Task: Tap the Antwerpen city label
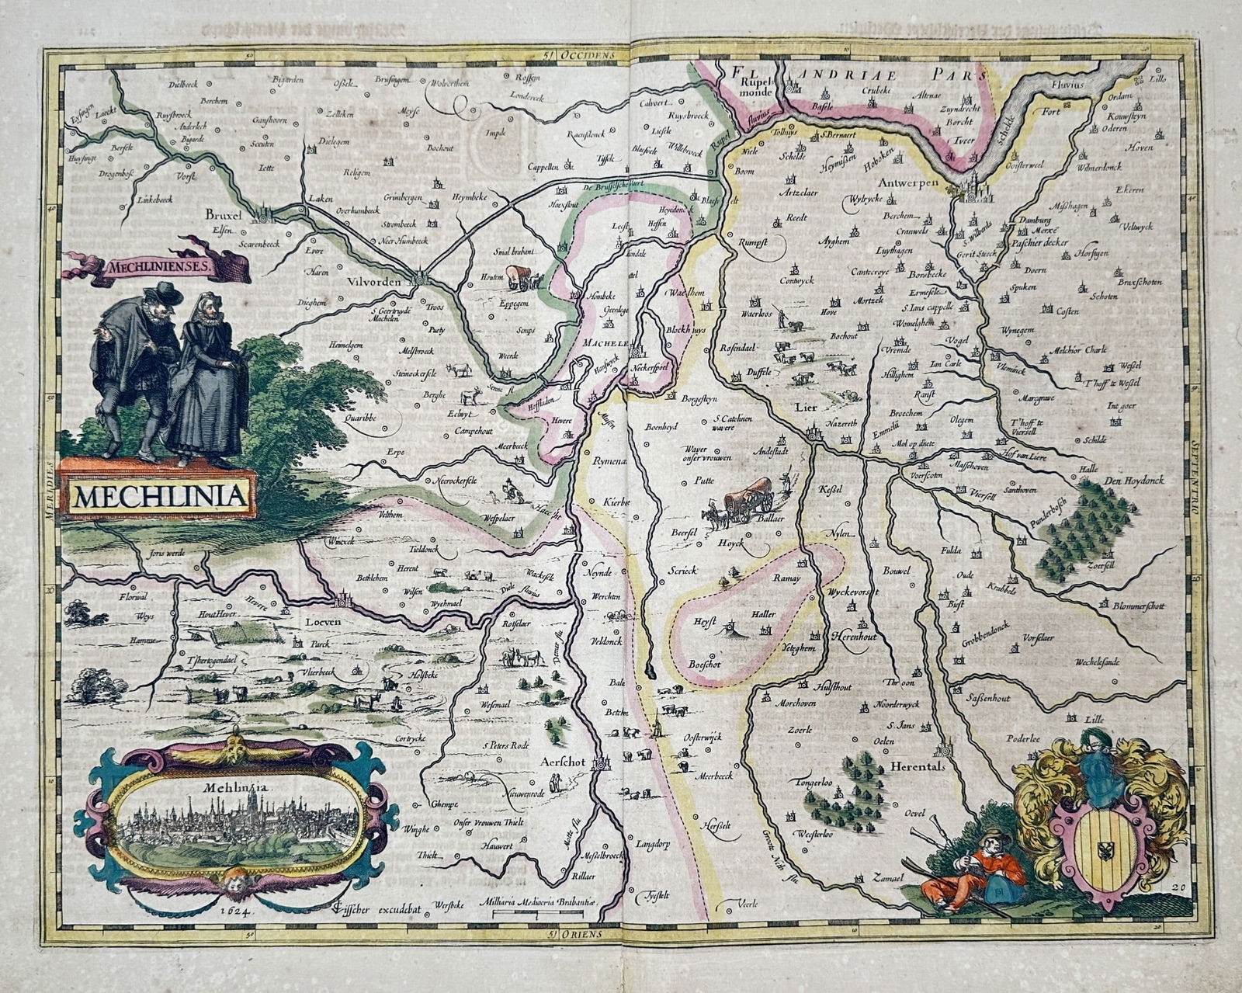(909, 184)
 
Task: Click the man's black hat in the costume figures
(166, 293)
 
